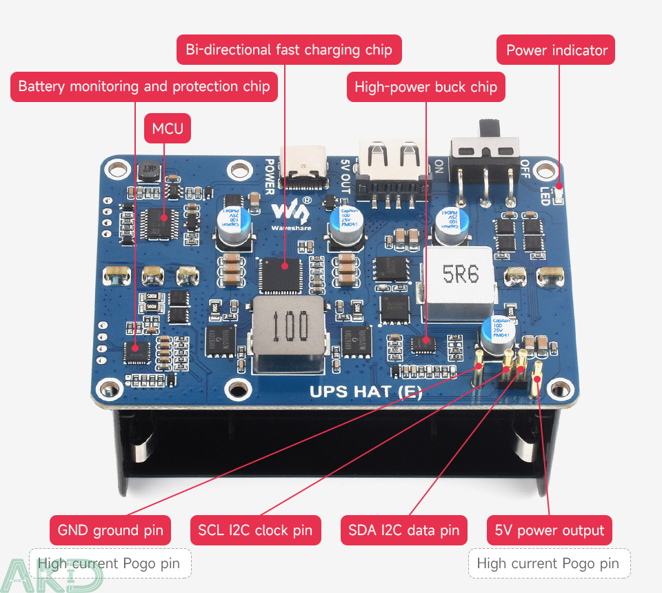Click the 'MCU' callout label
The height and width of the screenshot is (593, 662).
168,129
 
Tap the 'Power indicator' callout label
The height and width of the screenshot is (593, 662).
556,50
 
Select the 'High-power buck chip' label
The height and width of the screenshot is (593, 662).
425,87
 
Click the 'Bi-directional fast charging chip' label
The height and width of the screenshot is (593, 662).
289,50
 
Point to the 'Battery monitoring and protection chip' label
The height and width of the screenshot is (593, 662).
144,86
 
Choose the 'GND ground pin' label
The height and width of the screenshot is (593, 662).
110,530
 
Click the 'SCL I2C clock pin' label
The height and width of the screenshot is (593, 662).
255,530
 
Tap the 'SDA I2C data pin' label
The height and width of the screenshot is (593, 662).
403,530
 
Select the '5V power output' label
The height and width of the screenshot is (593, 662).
550,530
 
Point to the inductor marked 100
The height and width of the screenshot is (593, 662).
288,327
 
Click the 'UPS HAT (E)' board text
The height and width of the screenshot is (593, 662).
365,392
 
